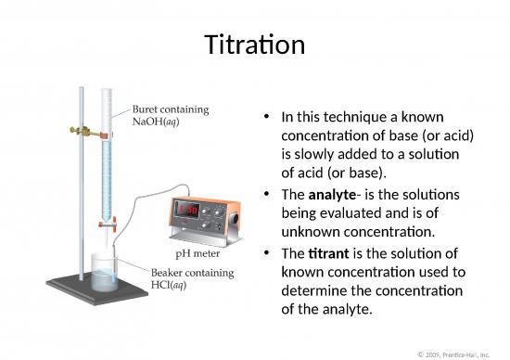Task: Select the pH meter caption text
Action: tap(197, 251)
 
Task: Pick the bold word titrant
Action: tap(328, 253)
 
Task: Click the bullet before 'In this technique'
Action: tap(267, 118)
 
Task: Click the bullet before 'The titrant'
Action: tap(267, 253)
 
